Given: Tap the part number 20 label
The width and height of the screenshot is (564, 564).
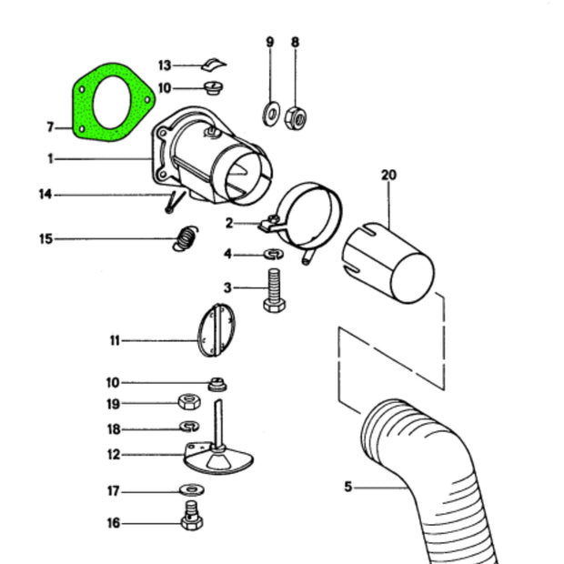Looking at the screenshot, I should [x=389, y=174].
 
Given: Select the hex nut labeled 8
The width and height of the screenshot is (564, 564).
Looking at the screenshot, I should [x=295, y=116].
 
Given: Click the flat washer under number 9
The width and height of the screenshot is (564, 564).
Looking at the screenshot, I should [x=270, y=114].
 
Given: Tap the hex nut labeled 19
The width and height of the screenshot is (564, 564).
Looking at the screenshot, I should [x=188, y=402].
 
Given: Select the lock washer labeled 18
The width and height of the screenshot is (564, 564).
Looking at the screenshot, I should [x=189, y=427].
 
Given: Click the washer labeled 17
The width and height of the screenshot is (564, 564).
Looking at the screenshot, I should [x=192, y=491].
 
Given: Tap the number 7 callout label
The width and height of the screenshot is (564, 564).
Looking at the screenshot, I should [x=51, y=126].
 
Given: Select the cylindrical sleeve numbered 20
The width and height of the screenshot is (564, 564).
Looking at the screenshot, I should [x=387, y=265].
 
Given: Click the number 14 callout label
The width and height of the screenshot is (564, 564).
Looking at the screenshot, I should [x=45, y=194].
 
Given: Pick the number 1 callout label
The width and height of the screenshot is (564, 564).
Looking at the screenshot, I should [x=51, y=158].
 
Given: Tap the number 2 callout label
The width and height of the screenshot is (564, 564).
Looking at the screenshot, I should [x=230, y=223].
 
